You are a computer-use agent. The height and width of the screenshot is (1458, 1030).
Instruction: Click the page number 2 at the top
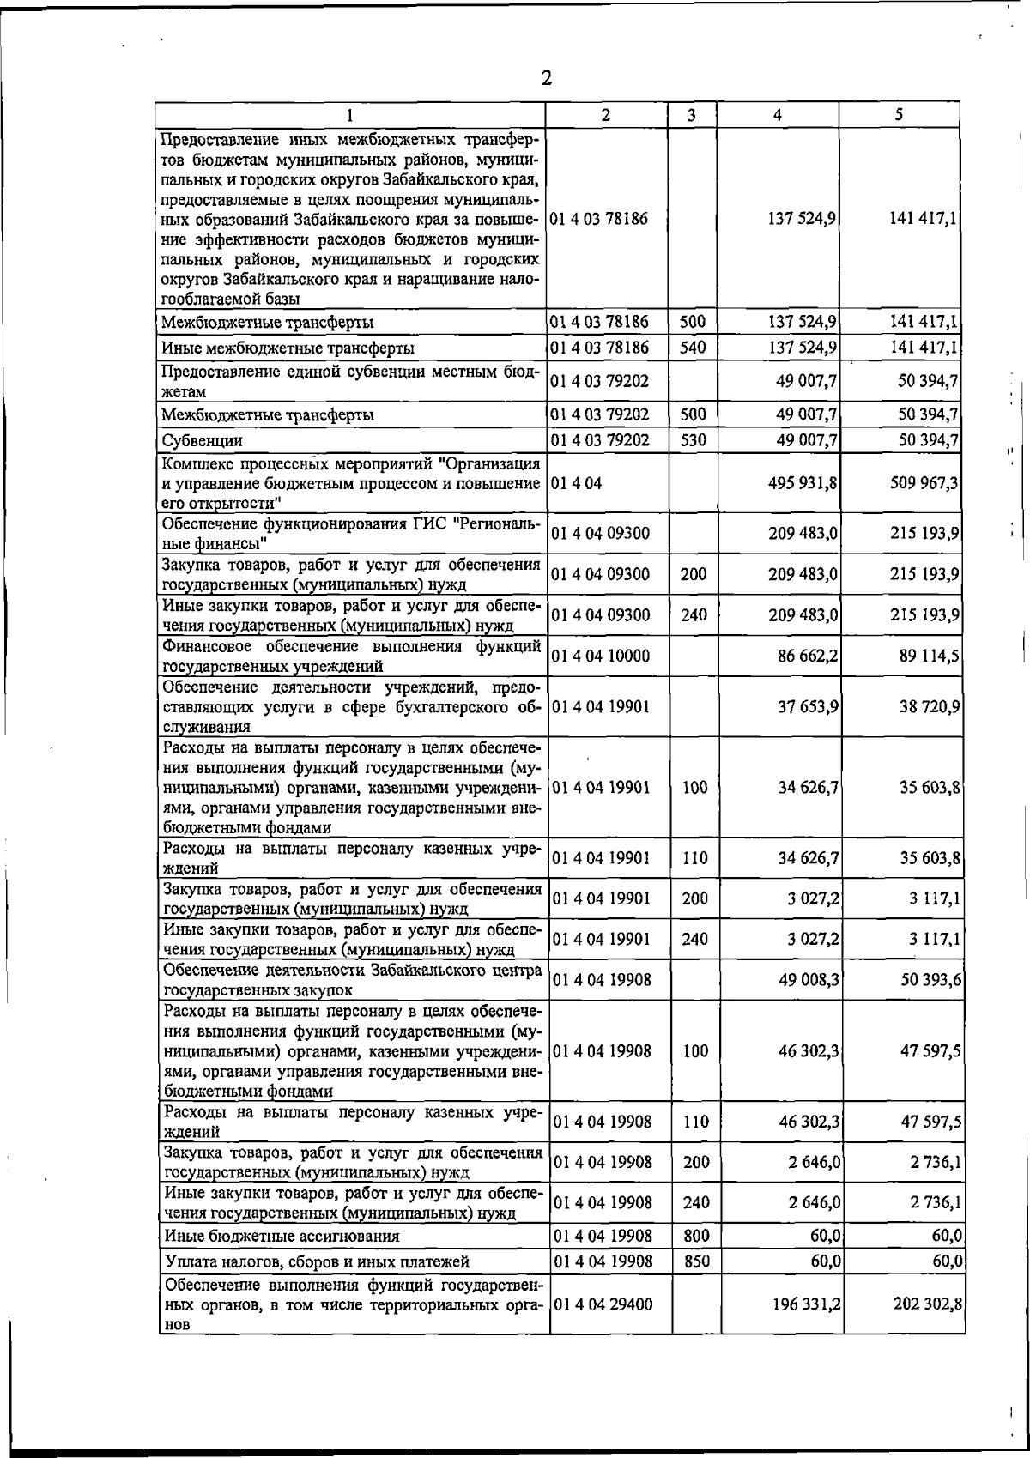click(x=546, y=79)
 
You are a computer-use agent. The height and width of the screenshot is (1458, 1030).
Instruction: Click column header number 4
click(x=777, y=115)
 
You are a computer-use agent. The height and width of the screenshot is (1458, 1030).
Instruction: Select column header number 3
click(x=692, y=115)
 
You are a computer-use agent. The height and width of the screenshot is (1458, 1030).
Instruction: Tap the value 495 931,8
click(x=803, y=483)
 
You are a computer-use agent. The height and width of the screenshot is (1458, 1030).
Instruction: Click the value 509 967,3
click(x=924, y=483)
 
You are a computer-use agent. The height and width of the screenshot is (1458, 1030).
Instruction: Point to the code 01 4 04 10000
click(x=600, y=656)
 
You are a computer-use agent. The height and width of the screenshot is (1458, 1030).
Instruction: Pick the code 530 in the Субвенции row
click(x=693, y=440)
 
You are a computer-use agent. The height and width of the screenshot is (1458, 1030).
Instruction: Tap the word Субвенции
click(x=203, y=441)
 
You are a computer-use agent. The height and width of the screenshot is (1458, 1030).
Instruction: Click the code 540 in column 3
click(x=693, y=348)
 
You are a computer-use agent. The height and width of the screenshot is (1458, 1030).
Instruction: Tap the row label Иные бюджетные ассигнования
click(x=282, y=1237)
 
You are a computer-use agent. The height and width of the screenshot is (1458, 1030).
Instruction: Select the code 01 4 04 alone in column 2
click(x=576, y=483)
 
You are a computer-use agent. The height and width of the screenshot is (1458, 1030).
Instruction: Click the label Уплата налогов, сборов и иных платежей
click(x=315, y=1262)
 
